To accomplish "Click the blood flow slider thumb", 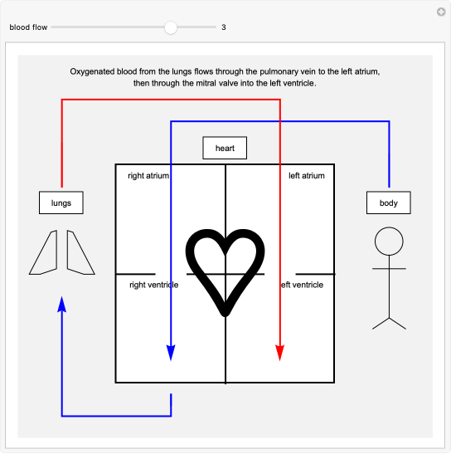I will pyautogui.click(x=171, y=27).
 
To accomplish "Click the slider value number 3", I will pyautogui.click(x=224, y=27).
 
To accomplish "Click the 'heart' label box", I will pyautogui.click(x=225, y=149).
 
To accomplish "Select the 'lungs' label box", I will pyautogui.click(x=61, y=203).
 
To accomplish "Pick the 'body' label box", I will pyautogui.click(x=389, y=203).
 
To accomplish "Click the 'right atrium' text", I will pyautogui.click(x=148, y=176).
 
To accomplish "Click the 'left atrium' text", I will pyautogui.click(x=306, y=176).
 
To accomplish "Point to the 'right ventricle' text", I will pyautogui.click(x=153, y=285).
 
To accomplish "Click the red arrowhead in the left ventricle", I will pyautogui.click(x=280, y=352).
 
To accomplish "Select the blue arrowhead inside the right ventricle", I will pyautogui.click(x=171, y=352).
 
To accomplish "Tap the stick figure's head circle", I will pyautogui.click(x=389, y=242).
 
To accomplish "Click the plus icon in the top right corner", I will pyautogui.click(x=442, y=12).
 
